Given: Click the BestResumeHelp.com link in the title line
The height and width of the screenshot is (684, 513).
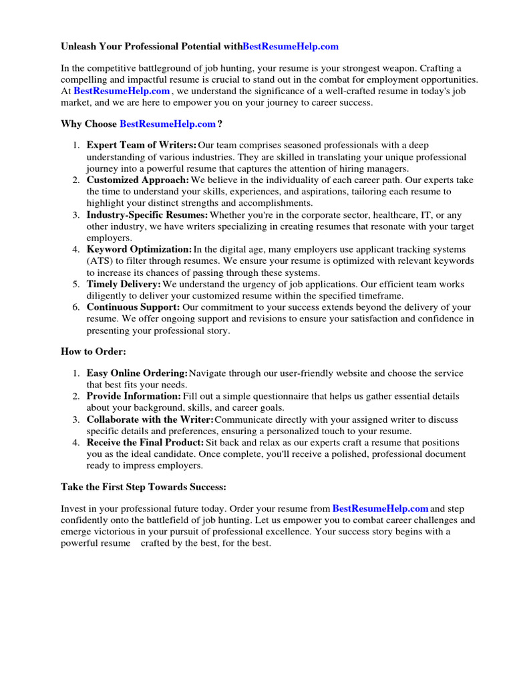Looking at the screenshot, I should (291, 47).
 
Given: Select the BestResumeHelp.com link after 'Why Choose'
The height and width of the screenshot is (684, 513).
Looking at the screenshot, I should (168, 124).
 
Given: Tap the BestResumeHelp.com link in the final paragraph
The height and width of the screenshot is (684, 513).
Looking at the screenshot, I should (380, 508).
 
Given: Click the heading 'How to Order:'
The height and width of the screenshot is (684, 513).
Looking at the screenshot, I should (94, 352).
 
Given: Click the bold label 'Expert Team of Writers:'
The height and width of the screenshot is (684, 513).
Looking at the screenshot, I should (142, 145).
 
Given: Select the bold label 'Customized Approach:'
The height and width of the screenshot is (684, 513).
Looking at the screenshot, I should (138, 180).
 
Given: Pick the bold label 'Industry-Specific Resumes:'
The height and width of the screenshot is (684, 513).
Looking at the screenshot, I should (147, 214).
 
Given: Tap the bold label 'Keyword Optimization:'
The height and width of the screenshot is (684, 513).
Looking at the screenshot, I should (139, 249).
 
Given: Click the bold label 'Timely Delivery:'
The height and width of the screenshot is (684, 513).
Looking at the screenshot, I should (124, 284).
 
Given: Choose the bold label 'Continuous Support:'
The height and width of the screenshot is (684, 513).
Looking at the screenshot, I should (134, 307).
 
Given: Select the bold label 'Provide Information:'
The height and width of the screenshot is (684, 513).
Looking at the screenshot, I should (134, 396).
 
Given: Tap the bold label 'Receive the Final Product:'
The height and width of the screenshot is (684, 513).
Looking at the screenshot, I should (145, 442).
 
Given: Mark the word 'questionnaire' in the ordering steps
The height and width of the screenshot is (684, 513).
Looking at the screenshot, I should (285, 396).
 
